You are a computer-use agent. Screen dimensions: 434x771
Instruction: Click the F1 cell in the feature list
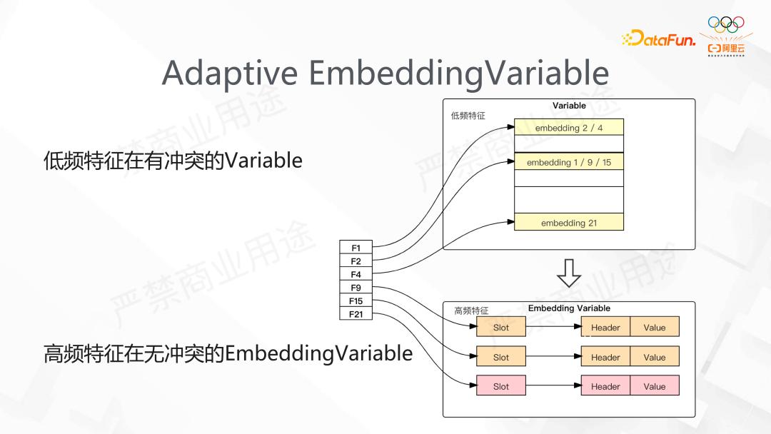(356, 248)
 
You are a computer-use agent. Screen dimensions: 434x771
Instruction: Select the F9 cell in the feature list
(356, 288)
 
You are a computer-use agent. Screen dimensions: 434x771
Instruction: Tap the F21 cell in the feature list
(356, 314)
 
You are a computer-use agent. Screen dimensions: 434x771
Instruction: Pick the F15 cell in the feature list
(356, 301)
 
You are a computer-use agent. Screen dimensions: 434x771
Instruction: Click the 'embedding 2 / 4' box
(569, 128)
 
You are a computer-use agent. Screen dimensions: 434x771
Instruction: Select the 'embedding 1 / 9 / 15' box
(569, 163)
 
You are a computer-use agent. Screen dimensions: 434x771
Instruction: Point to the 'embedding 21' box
(569, 223)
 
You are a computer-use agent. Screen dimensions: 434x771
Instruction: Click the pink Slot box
(501, 386)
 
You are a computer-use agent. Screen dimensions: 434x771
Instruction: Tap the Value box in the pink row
(654, 386)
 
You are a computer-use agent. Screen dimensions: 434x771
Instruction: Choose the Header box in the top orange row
(605, 328)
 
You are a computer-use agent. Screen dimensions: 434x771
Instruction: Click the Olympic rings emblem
(725, 24)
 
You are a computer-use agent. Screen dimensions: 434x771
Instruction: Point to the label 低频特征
(468, 116)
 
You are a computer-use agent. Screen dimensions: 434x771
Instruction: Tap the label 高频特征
(471, 311)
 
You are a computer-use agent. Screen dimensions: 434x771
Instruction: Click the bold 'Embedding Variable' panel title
(569, 308)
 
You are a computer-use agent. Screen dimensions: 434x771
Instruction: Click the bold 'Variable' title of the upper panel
(569, 106)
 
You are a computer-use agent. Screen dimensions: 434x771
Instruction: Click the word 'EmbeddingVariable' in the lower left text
(318, 353)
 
